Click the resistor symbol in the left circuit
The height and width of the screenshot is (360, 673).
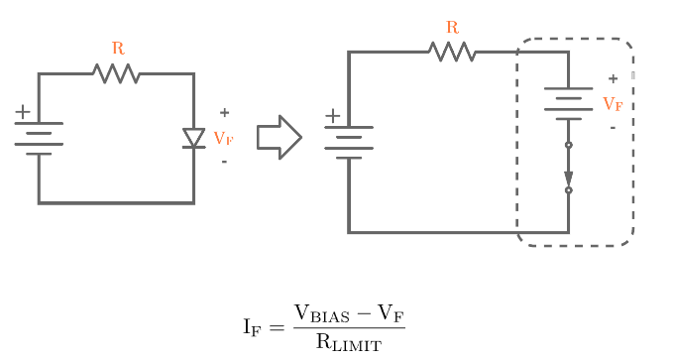coord(117,73)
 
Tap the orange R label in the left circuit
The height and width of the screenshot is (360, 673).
coord(118,48)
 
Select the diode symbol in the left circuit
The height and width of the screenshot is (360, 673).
coord(193,138)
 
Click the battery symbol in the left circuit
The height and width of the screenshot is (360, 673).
coord(39,138)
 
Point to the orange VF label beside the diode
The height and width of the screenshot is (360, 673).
coord(224,138)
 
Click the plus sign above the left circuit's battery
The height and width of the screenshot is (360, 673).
coord(22,113)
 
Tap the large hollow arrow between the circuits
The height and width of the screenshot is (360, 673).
coord(279,137)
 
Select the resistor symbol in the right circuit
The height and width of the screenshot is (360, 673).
coord(452,52)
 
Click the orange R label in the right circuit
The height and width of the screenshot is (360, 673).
coord(453,27)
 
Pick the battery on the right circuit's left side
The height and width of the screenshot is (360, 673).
coord(349,142)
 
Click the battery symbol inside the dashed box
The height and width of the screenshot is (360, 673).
coord(568,103)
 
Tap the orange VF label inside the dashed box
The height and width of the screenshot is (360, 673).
coord(613,103)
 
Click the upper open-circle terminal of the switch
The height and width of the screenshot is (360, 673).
coord(568,145)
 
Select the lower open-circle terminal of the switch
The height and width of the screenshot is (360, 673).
coord(568,190)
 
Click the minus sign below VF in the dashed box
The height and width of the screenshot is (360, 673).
coord(613,127)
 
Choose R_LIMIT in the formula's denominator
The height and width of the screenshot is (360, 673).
coord(348,342)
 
